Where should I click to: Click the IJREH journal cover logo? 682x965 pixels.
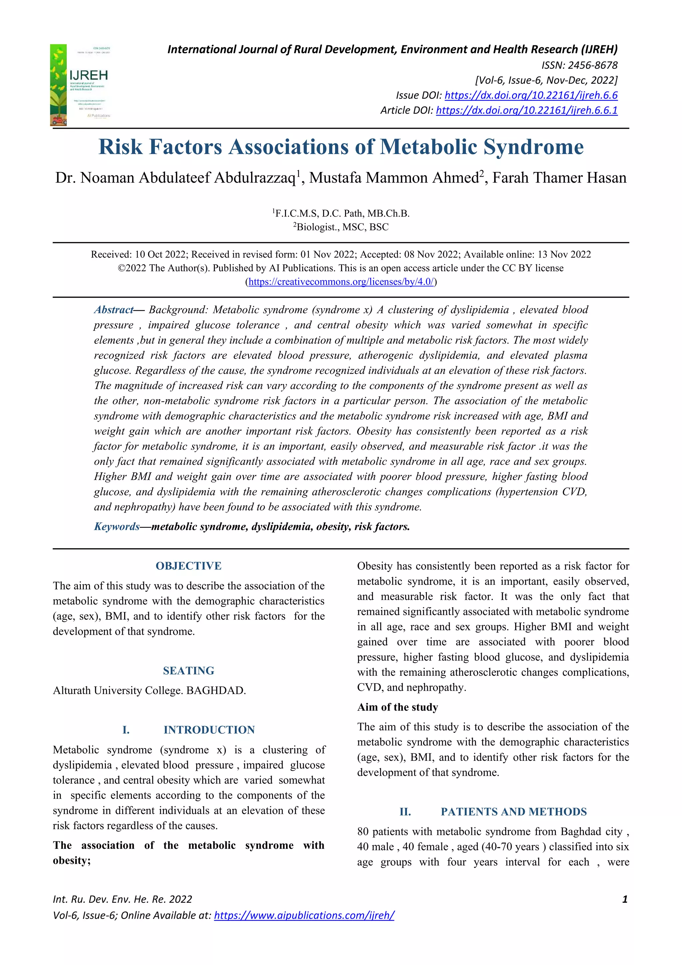[80, 85]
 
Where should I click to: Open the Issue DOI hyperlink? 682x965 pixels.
[531, 95]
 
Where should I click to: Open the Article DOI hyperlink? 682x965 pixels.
[526, 111]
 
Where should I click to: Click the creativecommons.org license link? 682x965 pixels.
[341, 282]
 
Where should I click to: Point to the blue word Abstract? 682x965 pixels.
[113, 310]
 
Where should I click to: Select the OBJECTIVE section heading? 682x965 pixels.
[188, 566]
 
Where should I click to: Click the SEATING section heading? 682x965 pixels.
[188, 671]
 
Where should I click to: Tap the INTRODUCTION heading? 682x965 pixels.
[209, 730]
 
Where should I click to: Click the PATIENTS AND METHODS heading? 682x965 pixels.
[513, 812]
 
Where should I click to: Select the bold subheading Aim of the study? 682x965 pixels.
[397, 707]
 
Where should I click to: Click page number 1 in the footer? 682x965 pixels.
[624, 899]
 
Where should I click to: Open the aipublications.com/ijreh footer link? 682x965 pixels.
[304, 915]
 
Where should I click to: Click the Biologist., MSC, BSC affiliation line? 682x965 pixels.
[341, 227]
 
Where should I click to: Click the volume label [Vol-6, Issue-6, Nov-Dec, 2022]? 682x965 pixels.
[546, 80]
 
